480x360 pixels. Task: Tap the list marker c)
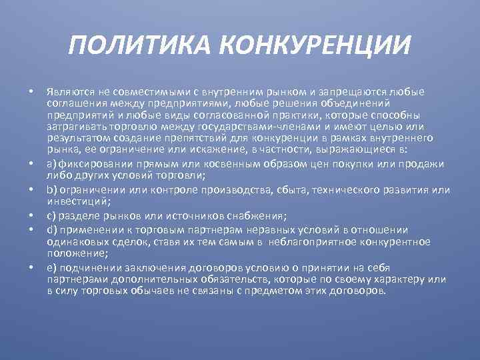click(x=51, y=215)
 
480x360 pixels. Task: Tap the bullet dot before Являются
click(x=31, y=92)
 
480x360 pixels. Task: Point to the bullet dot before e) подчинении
click(x=31, y=269)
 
